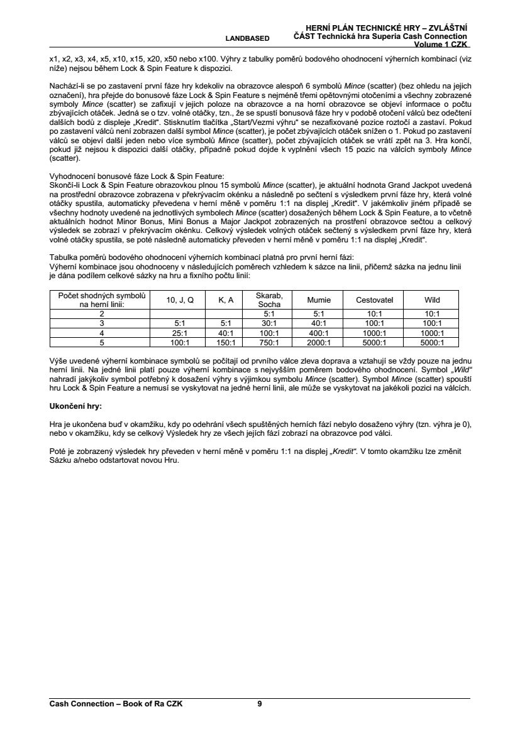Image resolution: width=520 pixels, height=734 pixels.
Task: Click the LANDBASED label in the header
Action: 253,38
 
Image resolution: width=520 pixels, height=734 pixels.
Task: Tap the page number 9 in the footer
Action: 260,704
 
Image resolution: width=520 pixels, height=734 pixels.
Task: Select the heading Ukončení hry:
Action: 75,407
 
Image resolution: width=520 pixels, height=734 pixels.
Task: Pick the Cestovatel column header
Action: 374,300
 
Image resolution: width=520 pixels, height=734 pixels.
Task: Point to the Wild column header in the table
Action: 433,300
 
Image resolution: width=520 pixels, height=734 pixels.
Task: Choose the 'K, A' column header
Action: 226,300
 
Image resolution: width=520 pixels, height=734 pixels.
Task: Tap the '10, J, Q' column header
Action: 180,300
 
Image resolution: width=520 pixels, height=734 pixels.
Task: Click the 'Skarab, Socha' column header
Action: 269,300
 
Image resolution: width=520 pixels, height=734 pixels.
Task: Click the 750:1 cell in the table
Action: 269,343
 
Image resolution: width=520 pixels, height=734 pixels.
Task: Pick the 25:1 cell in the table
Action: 180,333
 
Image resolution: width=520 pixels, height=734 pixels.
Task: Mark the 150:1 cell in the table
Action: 226,343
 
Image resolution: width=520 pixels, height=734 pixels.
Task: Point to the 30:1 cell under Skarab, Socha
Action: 269,323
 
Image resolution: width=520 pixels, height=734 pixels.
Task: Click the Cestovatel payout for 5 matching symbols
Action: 374,343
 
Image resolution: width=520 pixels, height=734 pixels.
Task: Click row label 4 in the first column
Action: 101,333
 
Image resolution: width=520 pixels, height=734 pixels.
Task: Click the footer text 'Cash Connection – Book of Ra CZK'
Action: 116,704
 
